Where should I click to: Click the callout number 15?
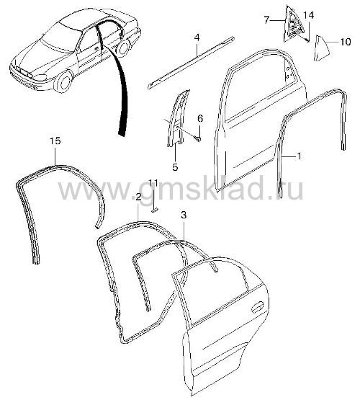tap(55, 141)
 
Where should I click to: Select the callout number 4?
tap(197, 37)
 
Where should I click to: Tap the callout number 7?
tap(266, 19)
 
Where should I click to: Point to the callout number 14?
tap(309, 15)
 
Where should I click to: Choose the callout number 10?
tap(346, 42)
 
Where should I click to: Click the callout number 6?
tap(200, 119)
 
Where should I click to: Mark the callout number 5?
tap(175, 167)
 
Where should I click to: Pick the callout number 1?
tap(299, 156)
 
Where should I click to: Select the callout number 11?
tap(153, 182)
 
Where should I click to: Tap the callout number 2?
tap(138, 197)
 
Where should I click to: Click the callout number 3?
tap(184, 215)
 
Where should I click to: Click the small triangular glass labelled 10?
tap(321, 48)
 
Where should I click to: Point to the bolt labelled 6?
tap(198, 139)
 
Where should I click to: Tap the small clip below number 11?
tap(155, 210)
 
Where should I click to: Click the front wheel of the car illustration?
tap(63, 82)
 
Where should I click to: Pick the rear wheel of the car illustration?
tap(124, 48)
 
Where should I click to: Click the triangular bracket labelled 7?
tap(294, 25)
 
